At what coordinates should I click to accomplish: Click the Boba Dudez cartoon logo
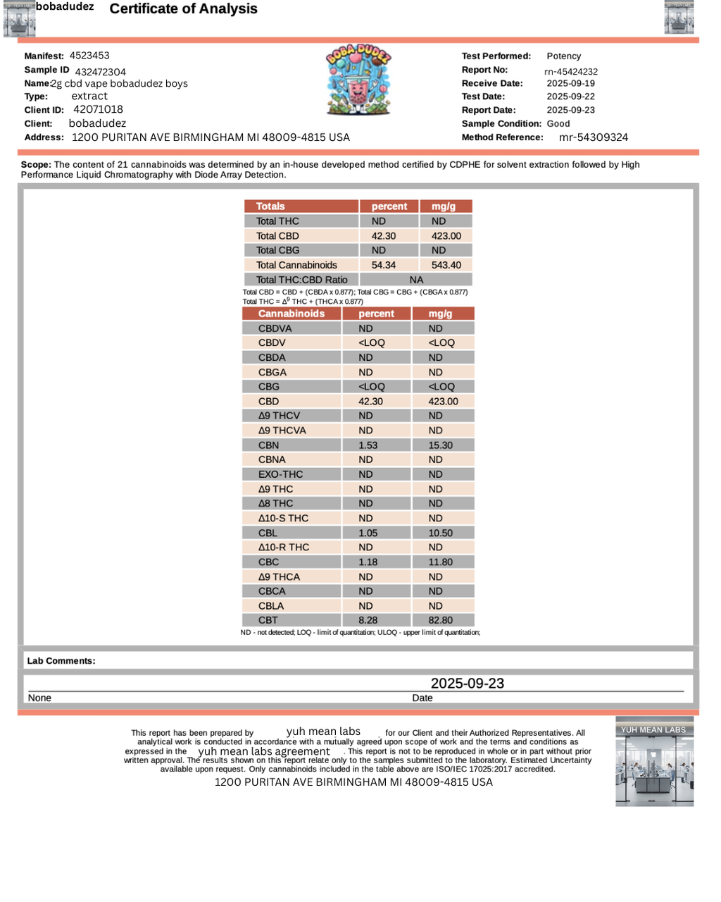[358, 80]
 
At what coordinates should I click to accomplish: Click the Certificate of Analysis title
[183, 9]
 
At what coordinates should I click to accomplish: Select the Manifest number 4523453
[89, 56]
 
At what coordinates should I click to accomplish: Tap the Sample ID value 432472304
[101, 72]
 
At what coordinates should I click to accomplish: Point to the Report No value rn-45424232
[571, 72]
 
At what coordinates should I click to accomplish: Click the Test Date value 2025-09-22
[570, 97]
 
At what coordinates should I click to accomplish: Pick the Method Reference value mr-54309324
[593, 137]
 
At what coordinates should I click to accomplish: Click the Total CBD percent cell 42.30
[384, 236]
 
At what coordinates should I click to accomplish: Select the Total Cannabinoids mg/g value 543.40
[446, 265]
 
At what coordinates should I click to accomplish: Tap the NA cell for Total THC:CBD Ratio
[416, 280]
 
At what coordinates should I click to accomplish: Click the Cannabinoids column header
[291, 314]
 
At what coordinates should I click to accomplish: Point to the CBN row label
[268, 445]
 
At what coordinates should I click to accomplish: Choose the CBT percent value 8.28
[368, 620]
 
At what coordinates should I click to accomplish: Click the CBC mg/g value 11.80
[440, 562]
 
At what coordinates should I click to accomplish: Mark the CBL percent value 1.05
[368, 533]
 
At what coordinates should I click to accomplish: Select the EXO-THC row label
[280, 474]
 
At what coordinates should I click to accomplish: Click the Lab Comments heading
[61, 661]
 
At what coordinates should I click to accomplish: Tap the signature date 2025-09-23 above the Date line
[468, 684]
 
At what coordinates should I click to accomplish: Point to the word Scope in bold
[35, 165]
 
